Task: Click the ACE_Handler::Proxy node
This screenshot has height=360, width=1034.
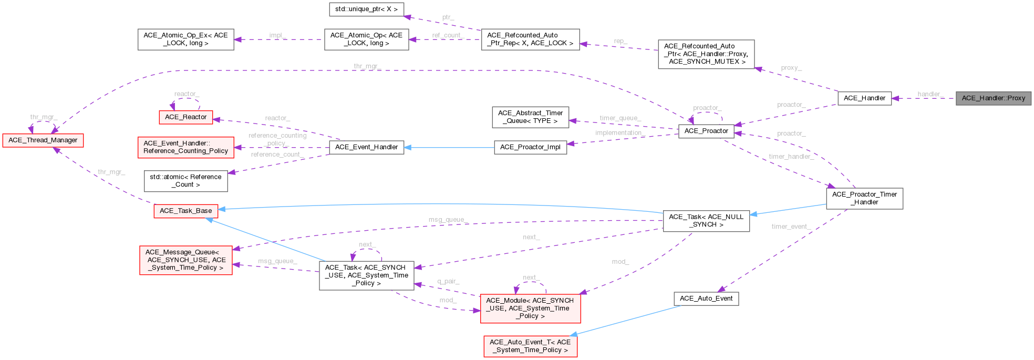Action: tap(993, 98)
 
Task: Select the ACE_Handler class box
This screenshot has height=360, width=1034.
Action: tap(864, 98)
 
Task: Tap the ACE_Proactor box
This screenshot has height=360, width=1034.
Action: tap(706, 131)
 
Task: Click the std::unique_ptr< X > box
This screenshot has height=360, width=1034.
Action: tap(366, 9)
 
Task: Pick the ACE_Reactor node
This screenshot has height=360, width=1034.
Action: tap(185, 117)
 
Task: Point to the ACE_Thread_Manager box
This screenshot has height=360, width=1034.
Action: tap(43, 140)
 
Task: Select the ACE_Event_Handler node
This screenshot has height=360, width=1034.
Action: tap(366, 147)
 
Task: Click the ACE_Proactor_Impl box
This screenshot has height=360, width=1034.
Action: tap(530, 147)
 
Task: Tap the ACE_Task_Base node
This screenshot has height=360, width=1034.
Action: tap(185, 211)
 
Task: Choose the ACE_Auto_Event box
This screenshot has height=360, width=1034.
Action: tap(706, 299)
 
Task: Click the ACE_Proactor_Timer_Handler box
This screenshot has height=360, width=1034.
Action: tap(864, 198)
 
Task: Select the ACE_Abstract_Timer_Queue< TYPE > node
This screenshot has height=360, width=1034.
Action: tap(530, 117)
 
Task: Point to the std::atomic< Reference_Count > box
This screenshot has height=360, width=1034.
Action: tap(185, 181)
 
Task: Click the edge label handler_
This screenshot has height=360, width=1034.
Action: tap(930, 95)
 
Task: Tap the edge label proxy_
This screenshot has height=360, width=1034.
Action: tap(791, 68)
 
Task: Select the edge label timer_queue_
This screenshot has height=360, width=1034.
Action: tap(620, 118)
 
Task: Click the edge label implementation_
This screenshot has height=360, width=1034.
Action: tap(620, 133)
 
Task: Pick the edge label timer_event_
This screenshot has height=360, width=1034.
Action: tap(791, 227)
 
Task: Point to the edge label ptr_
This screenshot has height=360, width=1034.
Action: tap(448, 17)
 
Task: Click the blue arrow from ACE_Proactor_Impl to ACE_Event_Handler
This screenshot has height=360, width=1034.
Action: tap(449, 148)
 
